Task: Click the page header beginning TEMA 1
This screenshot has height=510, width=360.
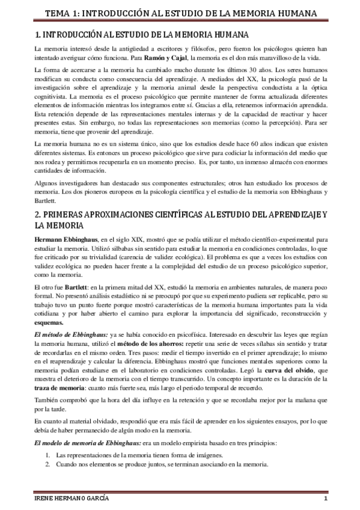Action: coord(180,11)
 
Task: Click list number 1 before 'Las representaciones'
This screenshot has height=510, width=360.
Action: coord(48,456)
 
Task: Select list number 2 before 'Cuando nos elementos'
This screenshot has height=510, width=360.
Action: coord(48,464)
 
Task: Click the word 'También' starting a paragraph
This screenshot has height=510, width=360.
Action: coord(46,401)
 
